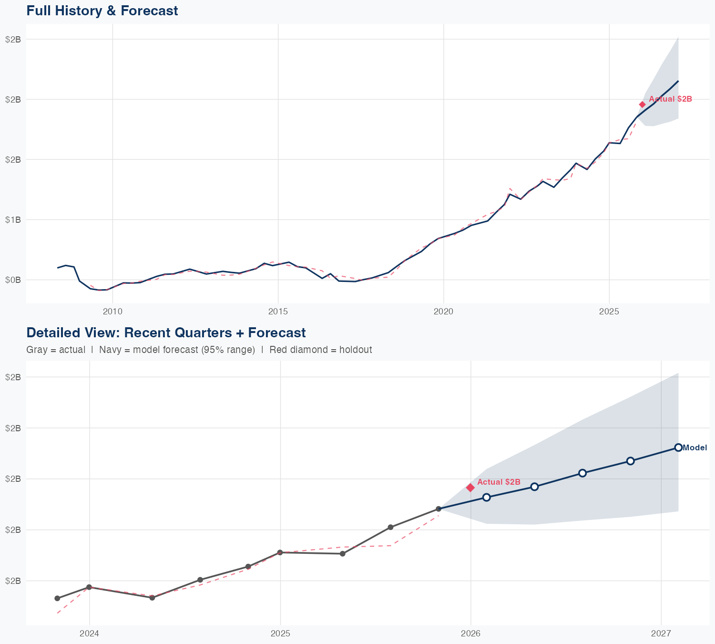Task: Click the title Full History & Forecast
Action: [102, 10]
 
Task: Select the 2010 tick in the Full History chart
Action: [112, 312]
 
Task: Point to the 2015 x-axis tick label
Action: [278, 312]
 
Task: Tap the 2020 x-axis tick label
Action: [443, 312]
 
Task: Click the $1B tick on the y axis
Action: [13, 219]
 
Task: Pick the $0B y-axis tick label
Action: [13, 280]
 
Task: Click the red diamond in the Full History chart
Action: [642, 104]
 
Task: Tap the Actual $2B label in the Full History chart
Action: [670, 99]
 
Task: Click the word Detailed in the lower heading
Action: [50, 332]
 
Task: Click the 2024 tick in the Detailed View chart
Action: [89, 634]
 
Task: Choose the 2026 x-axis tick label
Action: [470, 634]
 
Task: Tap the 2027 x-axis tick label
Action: [661, 634]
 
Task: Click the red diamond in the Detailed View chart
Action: [470, 487]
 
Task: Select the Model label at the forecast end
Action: [695, 447]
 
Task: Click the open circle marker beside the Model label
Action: [678, 447]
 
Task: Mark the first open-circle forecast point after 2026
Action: [486, 498]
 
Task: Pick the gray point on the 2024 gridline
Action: [89, 587]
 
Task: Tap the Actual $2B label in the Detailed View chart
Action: [499, 482]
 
